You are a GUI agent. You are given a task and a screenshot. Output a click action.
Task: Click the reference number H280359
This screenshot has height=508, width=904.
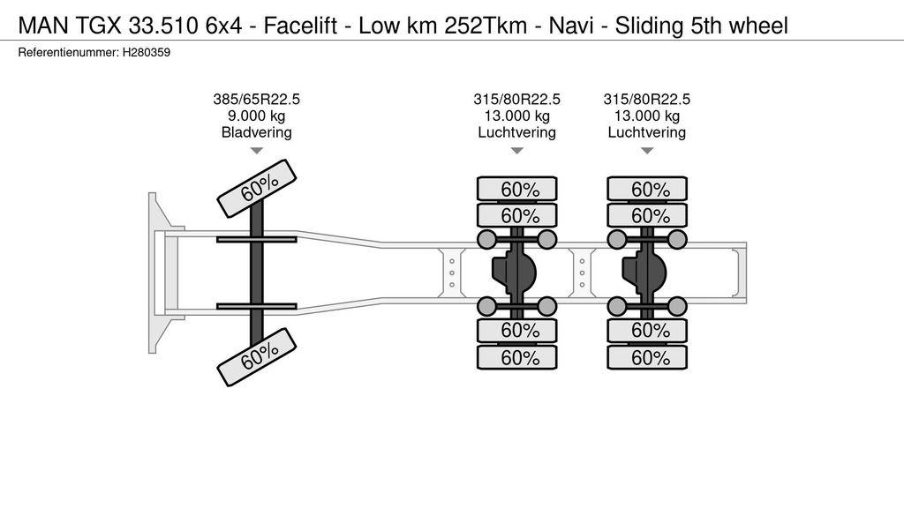tap(147, 53)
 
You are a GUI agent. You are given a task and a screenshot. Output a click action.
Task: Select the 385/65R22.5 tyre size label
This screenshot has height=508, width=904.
tap(256, 100)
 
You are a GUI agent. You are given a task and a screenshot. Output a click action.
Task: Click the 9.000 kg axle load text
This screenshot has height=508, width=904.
tap(256, 116)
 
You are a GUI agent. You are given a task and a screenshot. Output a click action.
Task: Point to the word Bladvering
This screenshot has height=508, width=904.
tap(256, 132)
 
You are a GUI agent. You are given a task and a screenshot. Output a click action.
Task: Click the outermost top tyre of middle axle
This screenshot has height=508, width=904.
tap(517, 189)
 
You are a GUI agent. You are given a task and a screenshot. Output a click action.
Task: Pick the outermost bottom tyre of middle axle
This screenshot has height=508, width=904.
tap(517, 358)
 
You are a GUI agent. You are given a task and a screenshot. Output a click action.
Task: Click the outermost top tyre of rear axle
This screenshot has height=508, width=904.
tap(647, 189)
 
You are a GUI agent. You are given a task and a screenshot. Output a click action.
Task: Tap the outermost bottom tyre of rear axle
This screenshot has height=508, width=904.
tap(647, 358)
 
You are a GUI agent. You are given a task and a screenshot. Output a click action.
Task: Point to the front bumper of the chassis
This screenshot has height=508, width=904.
tap(157, 273)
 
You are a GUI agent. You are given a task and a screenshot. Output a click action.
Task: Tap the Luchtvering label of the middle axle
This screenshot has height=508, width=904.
tap(517, 132)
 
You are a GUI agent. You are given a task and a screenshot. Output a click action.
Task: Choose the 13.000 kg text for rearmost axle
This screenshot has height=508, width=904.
tap(647, 116)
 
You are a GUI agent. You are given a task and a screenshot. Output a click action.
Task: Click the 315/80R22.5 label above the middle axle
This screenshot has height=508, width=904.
tap(517, 100)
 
